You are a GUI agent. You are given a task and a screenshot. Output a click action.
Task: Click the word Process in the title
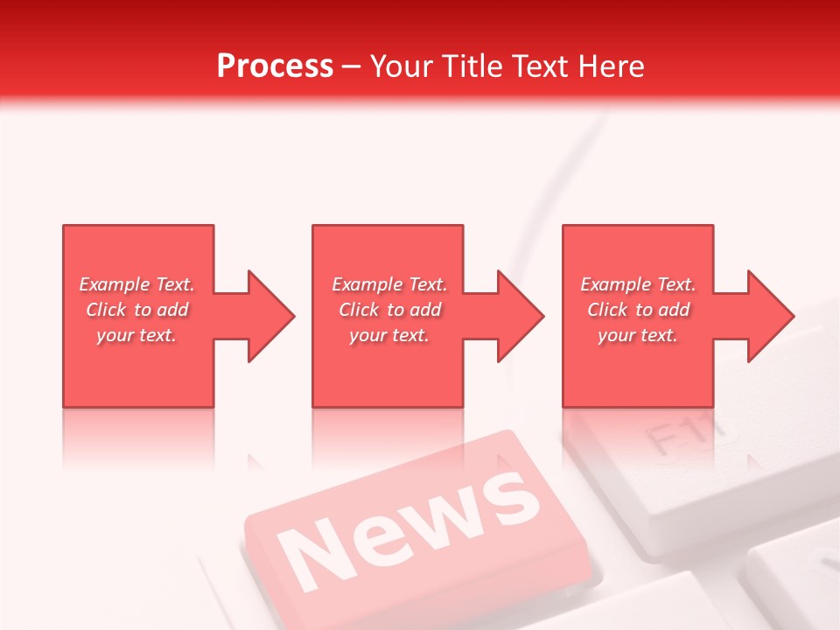[275, 66]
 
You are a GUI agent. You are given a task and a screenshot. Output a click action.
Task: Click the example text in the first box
[137, 310]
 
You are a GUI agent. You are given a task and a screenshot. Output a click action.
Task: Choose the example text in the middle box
[389, 310]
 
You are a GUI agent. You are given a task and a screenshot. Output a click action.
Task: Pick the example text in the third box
[638, 310]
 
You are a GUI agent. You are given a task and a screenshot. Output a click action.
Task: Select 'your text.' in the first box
[137, 335]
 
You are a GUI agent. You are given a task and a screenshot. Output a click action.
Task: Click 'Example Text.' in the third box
[638, 284]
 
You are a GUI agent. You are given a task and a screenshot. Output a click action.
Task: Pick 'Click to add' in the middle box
[389, 310]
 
